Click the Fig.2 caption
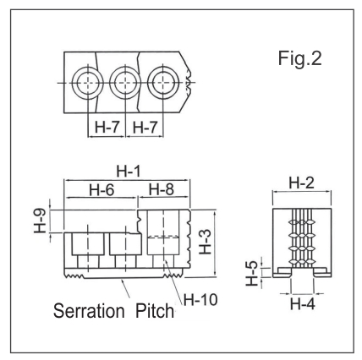point(299,58)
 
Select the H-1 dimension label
point(129,172)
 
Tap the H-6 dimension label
point(101,190)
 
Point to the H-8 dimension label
point(162,189)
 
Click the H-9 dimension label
point(40,221)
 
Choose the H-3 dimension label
point(206,242)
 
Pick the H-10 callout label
point(200,299)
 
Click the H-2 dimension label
point(302,183)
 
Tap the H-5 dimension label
point(252,274)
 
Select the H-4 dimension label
point(303,303)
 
